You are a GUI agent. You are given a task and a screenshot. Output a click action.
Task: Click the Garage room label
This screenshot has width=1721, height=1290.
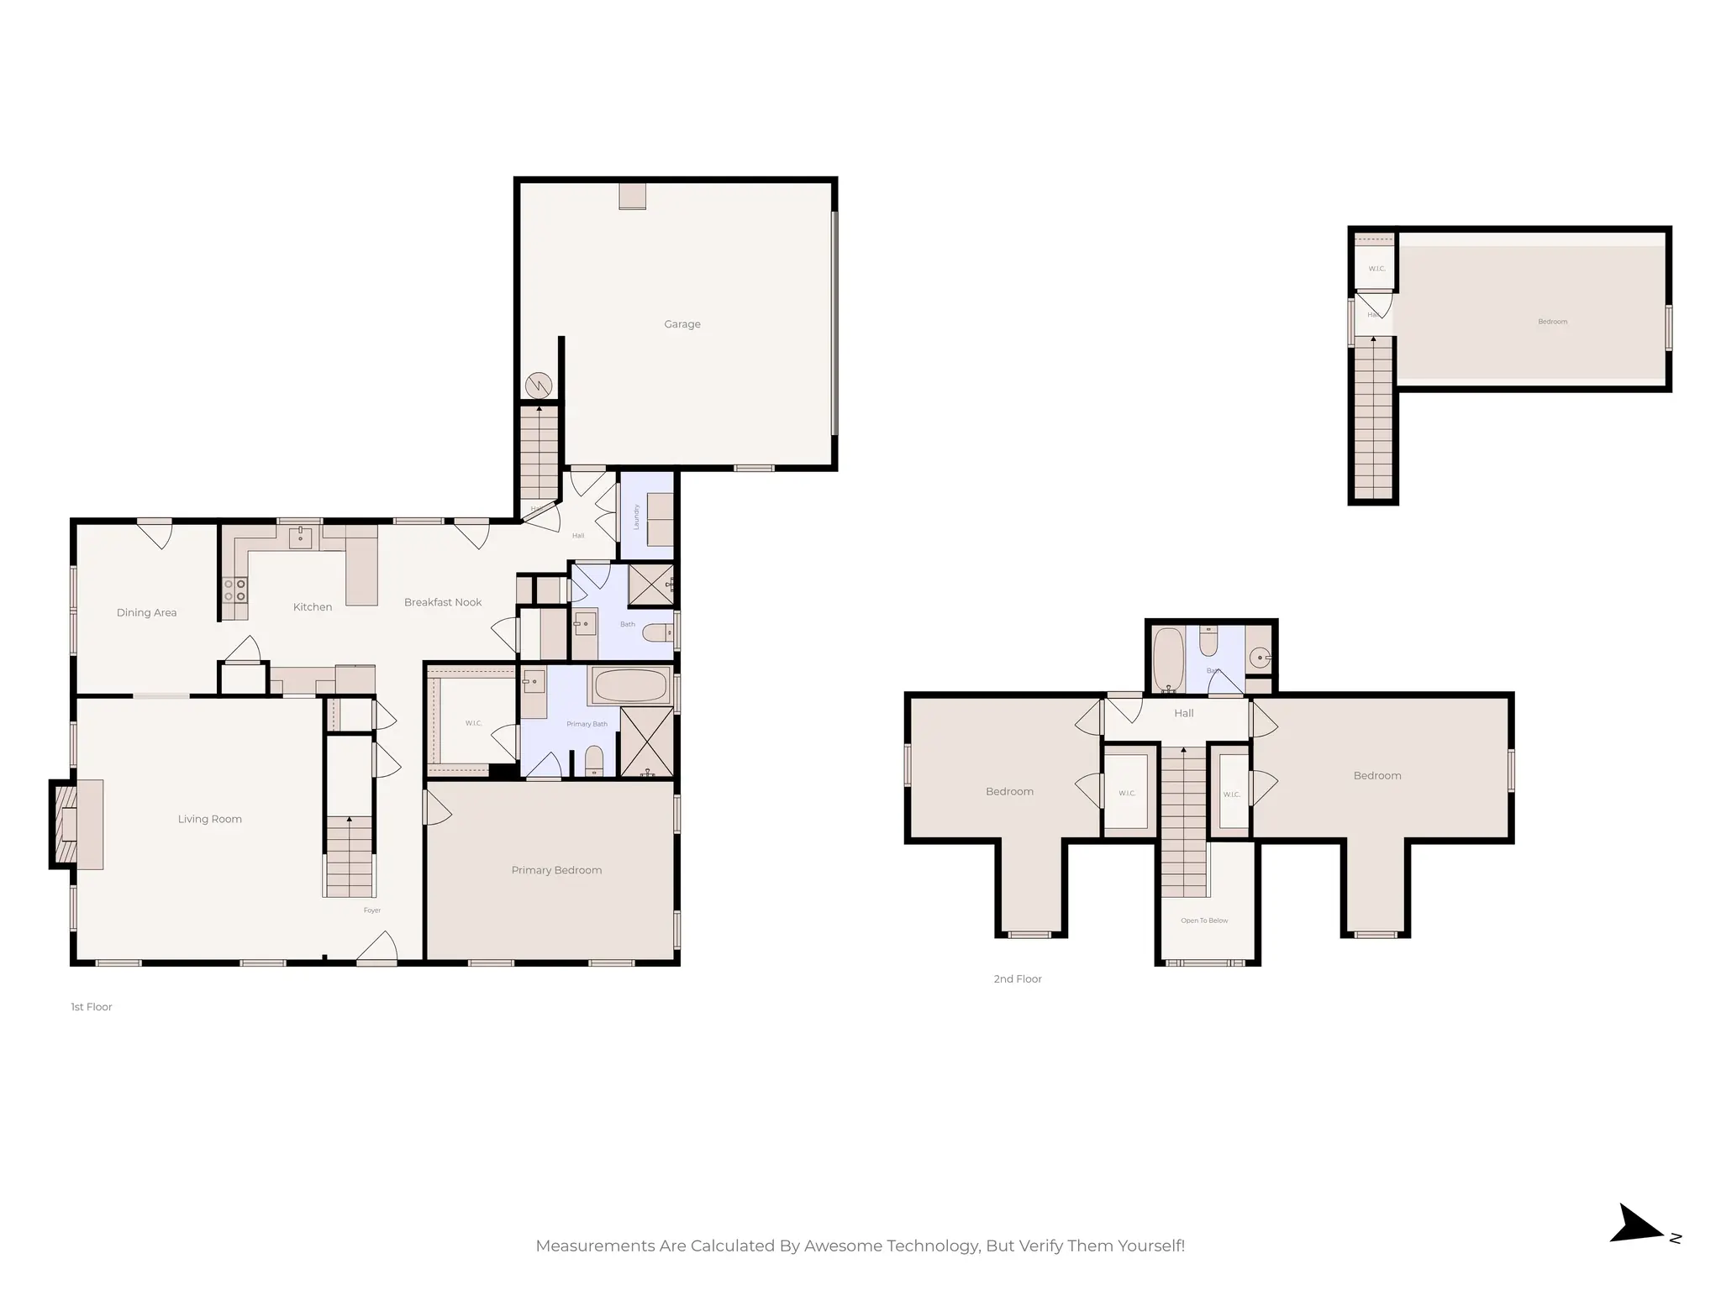pos(682,324)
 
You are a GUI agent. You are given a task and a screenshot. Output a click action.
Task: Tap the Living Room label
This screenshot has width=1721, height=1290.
pos(209,819)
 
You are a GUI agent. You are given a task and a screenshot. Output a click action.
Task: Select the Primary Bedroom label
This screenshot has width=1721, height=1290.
pos(556,870)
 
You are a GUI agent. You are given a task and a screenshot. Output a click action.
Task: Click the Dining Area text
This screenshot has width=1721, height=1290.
pos(146,612)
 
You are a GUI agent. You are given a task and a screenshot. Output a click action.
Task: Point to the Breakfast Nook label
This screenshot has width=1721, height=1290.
pos(443,602)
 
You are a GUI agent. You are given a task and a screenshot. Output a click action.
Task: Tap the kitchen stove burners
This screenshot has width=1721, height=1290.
pos(235,590)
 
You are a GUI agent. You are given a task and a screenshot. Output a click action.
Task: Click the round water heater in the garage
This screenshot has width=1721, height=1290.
pos(538,385)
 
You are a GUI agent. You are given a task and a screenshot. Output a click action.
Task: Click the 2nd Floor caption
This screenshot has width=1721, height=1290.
pos(1017,979)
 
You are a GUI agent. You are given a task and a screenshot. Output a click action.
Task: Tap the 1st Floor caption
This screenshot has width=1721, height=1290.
pos(91,1007)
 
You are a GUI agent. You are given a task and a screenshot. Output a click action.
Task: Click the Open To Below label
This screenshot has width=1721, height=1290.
pos(1203,920)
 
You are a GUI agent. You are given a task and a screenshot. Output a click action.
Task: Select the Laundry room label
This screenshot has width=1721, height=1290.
pos(637,517)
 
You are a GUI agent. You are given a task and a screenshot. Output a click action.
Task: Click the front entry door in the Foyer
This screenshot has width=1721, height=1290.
pos(377,949)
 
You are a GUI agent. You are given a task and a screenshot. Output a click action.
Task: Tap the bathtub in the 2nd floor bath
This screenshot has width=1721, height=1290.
pos(1167,658)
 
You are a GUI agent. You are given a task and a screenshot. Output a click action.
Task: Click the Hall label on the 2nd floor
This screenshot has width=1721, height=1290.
pos(1183,713)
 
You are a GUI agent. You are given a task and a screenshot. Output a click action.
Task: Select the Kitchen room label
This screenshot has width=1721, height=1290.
pos(312,607)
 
